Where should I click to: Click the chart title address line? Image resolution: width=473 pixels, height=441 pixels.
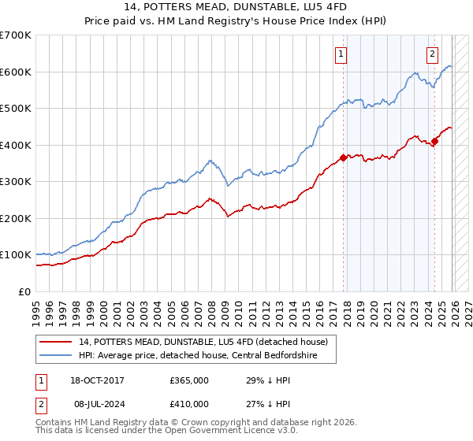click(236, 6)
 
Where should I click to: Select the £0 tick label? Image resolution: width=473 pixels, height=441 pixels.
click(25, 291)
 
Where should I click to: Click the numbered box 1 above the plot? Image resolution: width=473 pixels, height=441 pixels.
click(341, 54)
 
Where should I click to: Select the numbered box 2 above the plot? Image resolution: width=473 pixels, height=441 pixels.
click(433, 54)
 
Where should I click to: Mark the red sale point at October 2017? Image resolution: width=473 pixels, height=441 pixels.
click(343, 157)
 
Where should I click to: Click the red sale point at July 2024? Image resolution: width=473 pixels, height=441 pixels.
click(434, 142)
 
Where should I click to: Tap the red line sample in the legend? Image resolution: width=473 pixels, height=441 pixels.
click(56, 342)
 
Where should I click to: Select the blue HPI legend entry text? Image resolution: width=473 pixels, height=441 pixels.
click(197, 355)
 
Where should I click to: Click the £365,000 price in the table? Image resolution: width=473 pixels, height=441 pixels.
click(189, 380)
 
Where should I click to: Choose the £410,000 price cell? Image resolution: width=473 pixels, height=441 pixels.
click(189, 404)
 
